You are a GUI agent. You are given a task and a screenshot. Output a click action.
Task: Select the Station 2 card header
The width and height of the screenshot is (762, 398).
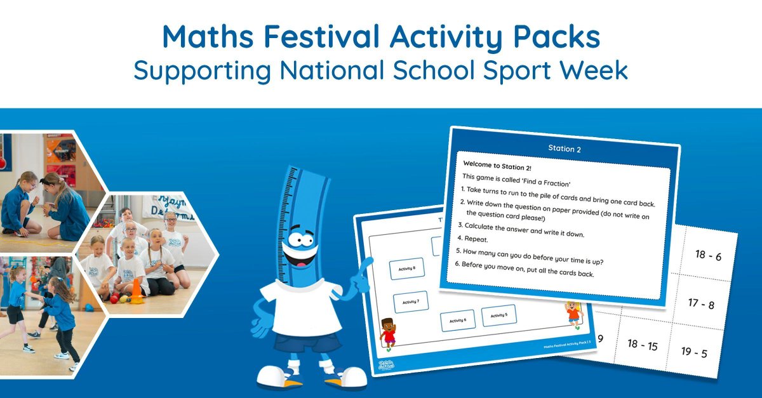tap(564, 149)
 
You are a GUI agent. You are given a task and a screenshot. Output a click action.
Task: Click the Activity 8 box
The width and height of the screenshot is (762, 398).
tap(406, 269)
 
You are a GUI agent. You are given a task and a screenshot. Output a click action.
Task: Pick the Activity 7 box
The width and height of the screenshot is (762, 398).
tap(410, 302)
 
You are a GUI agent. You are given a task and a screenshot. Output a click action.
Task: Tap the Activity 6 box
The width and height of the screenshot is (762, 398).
tap(457, 320)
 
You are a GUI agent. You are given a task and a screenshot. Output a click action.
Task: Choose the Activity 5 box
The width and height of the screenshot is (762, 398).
tap(498, 315)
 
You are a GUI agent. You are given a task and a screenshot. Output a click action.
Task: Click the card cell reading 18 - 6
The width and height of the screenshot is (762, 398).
tap(708, 255)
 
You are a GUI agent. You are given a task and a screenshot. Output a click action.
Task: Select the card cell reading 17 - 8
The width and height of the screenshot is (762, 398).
tap(700, 304)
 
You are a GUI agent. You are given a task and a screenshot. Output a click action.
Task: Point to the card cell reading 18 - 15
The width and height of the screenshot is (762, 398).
tap(642, 345)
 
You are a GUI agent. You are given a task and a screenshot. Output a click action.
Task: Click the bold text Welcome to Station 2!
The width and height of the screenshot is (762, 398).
tap(501, 164)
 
